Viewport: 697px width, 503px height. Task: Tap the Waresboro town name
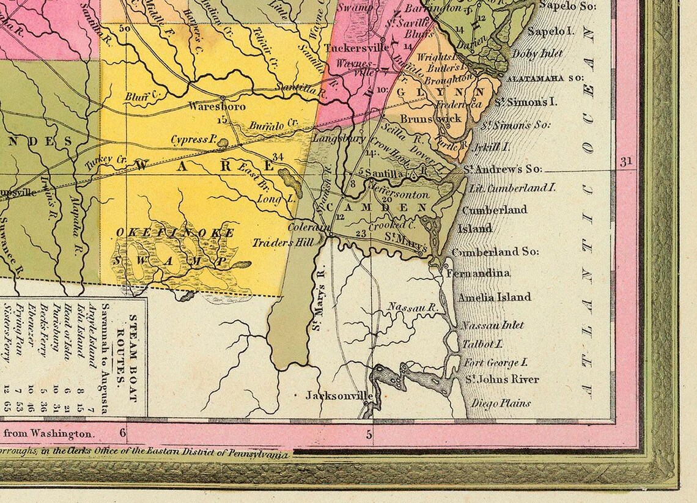pyautogui.click(x=217, y=106)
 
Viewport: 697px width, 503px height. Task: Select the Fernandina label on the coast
pyautogui.click(x=479, y=273)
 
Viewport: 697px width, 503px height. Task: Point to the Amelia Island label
pyautogui.click(x=495, y=297)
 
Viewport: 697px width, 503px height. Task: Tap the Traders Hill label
pyautogui.click(x=283, y=243)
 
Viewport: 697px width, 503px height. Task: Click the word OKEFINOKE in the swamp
pyautogui.click(x=174, y=233)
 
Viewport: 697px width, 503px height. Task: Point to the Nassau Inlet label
pyautogui.click(x=493, y=325)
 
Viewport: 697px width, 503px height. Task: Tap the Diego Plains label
pyautogui.click(x=497, y=403)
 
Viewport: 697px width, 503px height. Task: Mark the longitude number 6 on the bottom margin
pyautogui.click(x=123, y=434)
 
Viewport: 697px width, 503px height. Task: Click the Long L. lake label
pyautogui.click(x=276, y=199)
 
